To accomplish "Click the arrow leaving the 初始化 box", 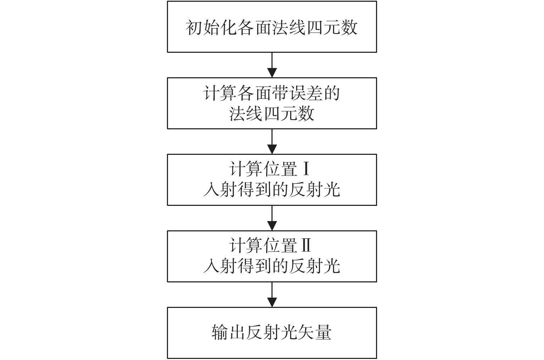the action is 272,65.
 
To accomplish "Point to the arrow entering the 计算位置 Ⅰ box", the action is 272,141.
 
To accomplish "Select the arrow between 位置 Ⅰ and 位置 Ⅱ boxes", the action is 272,218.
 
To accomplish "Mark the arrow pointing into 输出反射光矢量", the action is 272,294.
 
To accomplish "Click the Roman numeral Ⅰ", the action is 307,169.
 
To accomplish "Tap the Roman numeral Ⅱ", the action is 306,246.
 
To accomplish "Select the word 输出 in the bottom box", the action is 228,332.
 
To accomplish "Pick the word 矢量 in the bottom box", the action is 315,332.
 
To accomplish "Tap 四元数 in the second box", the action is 289,113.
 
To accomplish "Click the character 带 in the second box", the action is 280,94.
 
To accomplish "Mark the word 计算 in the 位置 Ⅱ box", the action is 246,246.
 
